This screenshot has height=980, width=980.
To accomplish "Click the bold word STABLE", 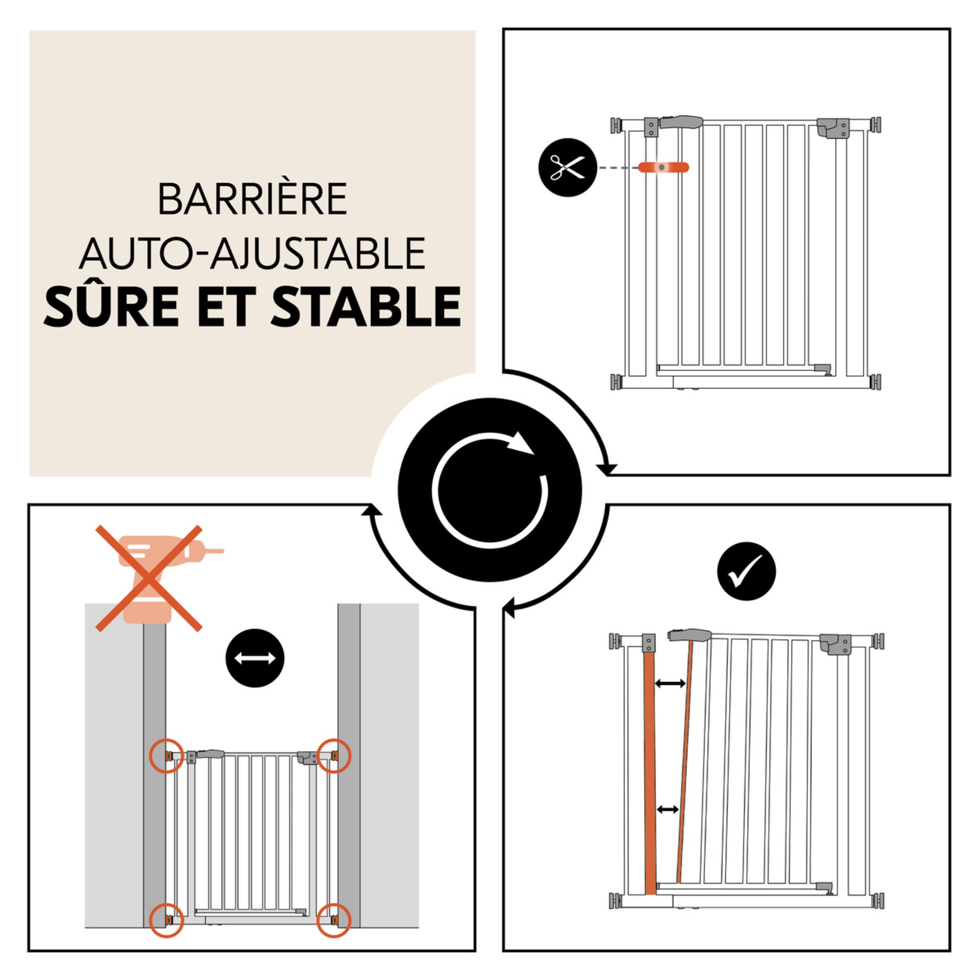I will coord(366,307).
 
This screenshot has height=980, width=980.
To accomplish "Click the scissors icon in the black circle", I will coord(568,167).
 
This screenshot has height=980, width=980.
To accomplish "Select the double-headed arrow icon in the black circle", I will coord(255,658).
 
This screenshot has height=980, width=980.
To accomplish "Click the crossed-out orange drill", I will coord(150,578).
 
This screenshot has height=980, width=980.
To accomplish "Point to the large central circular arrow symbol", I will coord(490,490).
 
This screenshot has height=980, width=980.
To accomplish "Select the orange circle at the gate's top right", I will coord(334,755).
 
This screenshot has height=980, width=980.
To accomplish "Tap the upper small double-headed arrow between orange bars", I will coord(670,684).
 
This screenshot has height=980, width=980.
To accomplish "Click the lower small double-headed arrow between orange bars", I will coord(668,810).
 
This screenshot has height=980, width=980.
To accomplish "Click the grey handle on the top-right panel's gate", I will coord(681,122).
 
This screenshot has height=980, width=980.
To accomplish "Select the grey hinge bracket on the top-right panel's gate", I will coord(833,128).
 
